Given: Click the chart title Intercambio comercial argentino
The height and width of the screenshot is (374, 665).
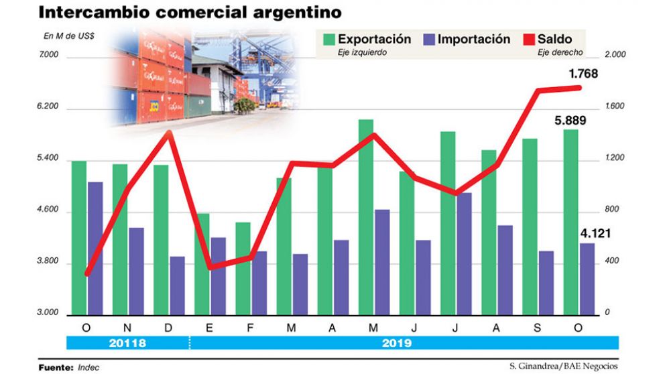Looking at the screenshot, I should tap(190, 13).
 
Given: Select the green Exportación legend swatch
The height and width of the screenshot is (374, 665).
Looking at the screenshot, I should tap(328, 40).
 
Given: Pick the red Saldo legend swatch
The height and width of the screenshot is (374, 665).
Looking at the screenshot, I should tap(527, 40).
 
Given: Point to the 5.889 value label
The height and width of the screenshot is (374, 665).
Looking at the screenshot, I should tap(570, 121).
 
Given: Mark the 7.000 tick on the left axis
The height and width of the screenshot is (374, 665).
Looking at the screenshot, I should tap(49, 57).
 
